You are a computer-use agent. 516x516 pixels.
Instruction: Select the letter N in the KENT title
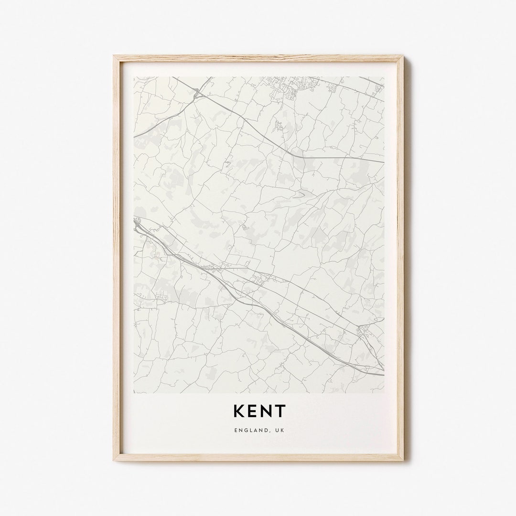(x=267, y=411)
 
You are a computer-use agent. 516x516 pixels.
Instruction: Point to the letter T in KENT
(x=280, y=411)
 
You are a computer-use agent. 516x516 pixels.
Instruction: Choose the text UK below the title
(x=279, y=430)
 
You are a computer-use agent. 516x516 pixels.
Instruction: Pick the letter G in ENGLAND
(x=244, y=430)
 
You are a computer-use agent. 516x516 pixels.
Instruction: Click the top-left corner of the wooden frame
(x=114, y=56)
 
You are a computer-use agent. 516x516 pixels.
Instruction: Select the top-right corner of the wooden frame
(x=403, y=56)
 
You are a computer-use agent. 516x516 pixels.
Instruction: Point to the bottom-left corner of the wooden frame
(x=114, y=460)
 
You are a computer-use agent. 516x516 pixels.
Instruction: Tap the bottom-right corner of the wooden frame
(x=403, y=460)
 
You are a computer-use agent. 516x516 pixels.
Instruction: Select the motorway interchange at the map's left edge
(x=138, y=225)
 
